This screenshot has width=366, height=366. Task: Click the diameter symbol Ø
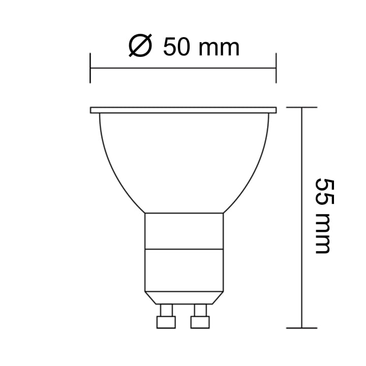click(x=140, y=48)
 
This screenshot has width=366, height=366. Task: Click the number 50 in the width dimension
click(x=177, y=48)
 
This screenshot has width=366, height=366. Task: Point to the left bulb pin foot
click(x=166, y=322)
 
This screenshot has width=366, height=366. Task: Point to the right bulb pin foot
click(x=200, y=322)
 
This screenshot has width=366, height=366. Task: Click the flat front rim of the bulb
click(x=183, y=110)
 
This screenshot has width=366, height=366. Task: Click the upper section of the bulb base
click(x=184, y=231)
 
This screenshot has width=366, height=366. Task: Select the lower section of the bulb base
click(x=184, y=269)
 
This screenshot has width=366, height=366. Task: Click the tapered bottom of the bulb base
click(x=184, y=297)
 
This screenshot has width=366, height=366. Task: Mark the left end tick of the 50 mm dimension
click(x=90, y=68)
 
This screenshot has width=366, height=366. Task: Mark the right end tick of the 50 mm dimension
click(x=276, y=68)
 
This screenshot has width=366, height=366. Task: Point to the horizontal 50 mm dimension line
click(x=183, y=68)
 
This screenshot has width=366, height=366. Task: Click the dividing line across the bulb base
click(x=184, y=249)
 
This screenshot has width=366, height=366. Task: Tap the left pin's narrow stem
click(x=166, y=310)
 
